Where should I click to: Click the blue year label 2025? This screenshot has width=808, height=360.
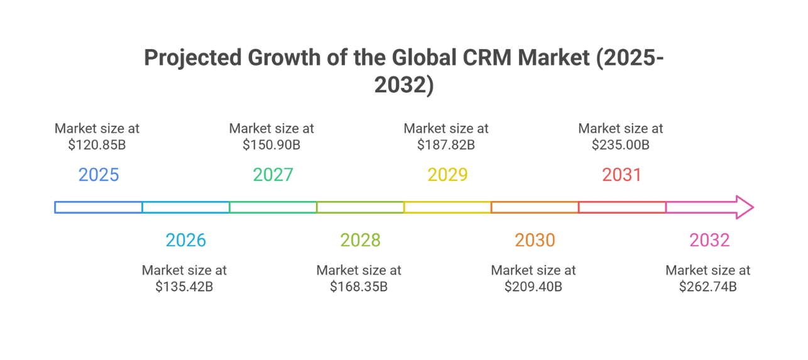click(x=99, y=174)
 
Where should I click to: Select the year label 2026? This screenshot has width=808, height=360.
click(x=185, y=240)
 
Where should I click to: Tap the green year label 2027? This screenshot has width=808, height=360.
click(x=273, y=174)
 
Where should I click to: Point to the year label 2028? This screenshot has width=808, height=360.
click(x=360, y=240)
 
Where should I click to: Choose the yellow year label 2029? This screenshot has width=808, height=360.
click(x=447, y=174)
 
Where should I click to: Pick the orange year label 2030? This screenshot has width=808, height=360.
click(x=535, y=240)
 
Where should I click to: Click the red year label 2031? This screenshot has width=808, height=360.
click(x=621, y=174)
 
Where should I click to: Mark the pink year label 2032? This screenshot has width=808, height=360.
click(x=709, y=240)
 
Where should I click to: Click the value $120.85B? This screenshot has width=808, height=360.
click(x=97, y=145)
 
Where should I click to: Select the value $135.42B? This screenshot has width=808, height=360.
click(x=184, y=286)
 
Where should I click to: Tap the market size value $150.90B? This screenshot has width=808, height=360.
click(x=271, y=145)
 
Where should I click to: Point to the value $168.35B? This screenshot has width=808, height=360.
click(x=359, y=286)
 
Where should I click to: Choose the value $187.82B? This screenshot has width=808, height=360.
click(x=446, y=145)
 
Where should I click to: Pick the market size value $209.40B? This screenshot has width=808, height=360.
click(x=533, y=286)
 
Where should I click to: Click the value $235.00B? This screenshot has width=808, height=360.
click(x=620, y=145)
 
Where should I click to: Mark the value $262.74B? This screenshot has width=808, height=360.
click(x=707, y=286)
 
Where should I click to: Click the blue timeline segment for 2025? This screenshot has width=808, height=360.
click(x=99, y=207)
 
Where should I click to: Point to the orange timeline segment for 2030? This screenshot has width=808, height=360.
click(x=535, y=207)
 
